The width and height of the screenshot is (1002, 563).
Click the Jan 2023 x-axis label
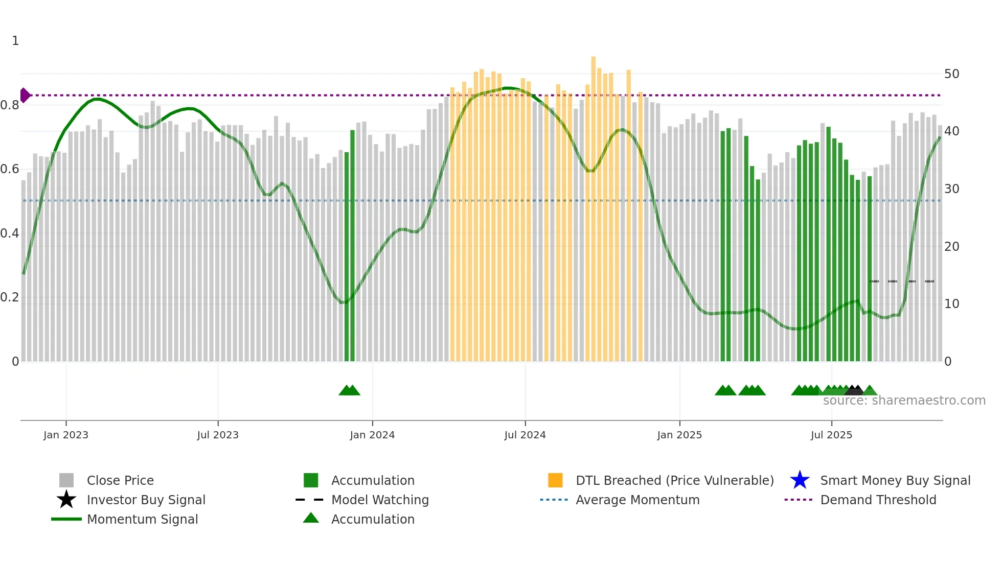[65, 435]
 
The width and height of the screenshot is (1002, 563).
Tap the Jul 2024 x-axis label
[525, 435]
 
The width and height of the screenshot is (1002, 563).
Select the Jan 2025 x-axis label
[679, 435]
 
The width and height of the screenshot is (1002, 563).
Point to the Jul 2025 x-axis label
[831, 435]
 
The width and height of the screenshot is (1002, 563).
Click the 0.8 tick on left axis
[10, 105]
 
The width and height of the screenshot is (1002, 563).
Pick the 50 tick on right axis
[951, 74]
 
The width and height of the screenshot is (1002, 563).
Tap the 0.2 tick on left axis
[10, 297]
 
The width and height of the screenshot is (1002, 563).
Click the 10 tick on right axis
[951, 304]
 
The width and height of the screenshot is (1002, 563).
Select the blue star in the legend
[800, 480]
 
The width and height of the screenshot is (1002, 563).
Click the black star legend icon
[66, 500]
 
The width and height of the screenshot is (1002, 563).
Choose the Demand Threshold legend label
[878, 500]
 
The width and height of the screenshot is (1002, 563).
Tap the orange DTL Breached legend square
[555, 480]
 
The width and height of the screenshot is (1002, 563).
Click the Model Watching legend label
[380, 500]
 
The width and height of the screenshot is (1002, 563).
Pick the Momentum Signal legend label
[142, 519]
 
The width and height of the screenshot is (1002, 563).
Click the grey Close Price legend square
[66, 480]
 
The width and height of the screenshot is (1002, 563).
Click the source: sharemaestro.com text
[904, 401]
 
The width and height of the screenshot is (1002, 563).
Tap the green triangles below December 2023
[349, 390]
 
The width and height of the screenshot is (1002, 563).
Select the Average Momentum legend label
[637, 500]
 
